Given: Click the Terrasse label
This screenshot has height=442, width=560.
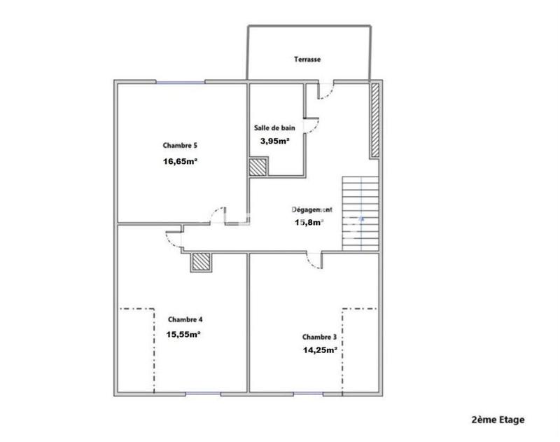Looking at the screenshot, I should coord(307,60).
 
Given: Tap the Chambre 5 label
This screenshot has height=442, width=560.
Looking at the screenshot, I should coord(180,146).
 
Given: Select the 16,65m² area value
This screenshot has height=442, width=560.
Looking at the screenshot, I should coord(180,161).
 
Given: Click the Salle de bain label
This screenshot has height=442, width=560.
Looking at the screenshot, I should coord(274,128).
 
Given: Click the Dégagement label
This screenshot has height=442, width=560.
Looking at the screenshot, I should coord(311,209).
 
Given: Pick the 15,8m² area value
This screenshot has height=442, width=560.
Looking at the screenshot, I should coord(308,223).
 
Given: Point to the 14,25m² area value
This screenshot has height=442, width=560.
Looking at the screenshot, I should coord(320,350).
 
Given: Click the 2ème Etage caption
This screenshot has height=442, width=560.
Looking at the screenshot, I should coord(498,420).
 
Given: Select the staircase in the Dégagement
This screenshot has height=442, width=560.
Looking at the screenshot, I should coord(360,213).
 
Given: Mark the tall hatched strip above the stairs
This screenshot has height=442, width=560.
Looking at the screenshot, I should coord(374,120).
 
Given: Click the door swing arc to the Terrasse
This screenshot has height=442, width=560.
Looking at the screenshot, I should coord(325,92).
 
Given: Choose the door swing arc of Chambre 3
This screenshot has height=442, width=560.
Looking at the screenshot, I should coord(312,260).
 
